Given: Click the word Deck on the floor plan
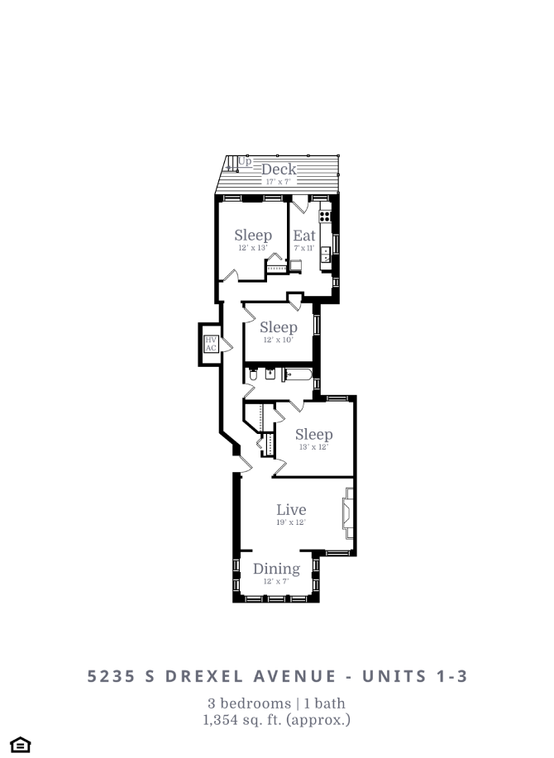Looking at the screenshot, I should [279, 169].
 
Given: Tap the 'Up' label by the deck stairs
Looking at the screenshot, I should [245, 161].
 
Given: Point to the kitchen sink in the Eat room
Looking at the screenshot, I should [326, 254].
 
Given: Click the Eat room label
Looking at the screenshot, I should [304, 236].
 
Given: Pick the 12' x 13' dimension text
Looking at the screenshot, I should [252, 248].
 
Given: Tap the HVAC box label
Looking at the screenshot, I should [211, 344].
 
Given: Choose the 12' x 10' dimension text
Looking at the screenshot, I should [278, 341].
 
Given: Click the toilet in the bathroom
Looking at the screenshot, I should [253, 375].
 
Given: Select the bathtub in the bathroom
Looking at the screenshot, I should [298, 375].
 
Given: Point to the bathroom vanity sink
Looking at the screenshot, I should [270, 374].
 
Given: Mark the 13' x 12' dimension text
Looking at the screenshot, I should [313, 447].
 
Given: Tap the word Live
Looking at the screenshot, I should [291, 510].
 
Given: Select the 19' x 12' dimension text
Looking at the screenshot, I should [291, 522].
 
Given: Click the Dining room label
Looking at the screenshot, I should [276, 569].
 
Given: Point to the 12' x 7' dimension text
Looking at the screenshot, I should [276, 581].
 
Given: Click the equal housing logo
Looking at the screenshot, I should [21, 745].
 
